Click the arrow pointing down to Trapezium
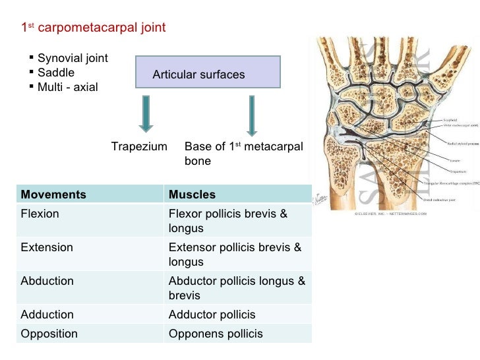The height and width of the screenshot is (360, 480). (146, 113)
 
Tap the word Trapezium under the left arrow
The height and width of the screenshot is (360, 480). (139, 146)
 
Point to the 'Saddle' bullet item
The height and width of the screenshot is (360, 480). (56, 73)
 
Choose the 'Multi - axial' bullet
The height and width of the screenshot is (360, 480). (67, 87)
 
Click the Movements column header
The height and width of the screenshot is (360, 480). (53, 195)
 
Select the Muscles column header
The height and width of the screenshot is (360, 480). (192, 195)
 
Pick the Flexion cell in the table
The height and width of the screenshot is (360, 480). (40, 214)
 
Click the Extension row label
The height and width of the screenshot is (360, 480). (47, 248)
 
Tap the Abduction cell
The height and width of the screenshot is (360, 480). (47, 281)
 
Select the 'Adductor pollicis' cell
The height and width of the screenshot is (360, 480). (212, 315)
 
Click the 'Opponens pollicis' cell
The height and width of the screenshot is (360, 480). (216, 334)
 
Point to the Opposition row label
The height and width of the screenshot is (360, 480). (49, 334)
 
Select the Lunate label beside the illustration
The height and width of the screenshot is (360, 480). (436, 160)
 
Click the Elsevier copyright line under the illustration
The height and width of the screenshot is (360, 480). (391, 214)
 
